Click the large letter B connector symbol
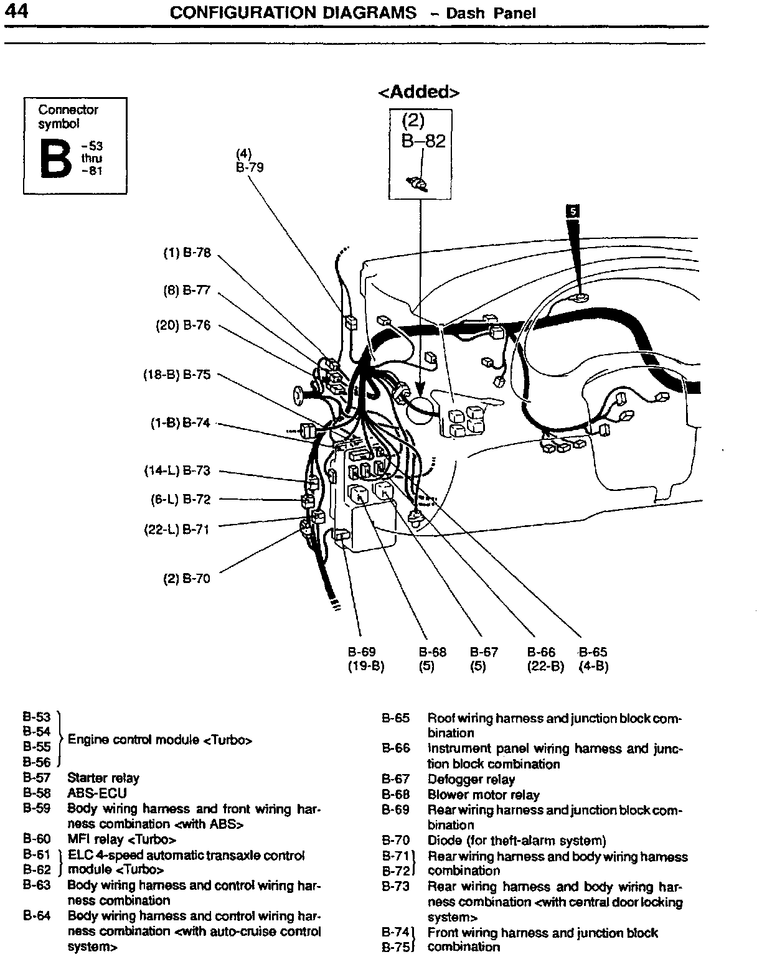pyautogui.click(x=56, y=159)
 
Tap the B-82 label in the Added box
pyautogui.click(x=423, y=142)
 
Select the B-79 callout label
pyautogui.click(x=250, y=167)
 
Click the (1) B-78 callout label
pyautogui.click(x=187, y=253)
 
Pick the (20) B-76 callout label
pyautogui.click(x=183, y=325)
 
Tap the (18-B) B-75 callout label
pyautogui.click(x=177, y=375)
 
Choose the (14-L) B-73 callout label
pyautogui.click(x=177, y=471)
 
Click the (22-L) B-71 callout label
pyautogui.click(x=177, y=530)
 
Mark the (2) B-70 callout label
pyautogui.click(x=187, y=579)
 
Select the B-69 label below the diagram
pyautogui.click(x=362, y=653)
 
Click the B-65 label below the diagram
pyautogui.click(x=593, y=653)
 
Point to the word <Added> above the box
pyautogui.click(x=419, y=92)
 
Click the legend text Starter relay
pyautogui.click(x=103, y=778)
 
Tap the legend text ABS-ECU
pyautogui.click(x=96, y=793)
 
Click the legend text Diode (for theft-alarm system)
pyautogui.click(x=517, y=841)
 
